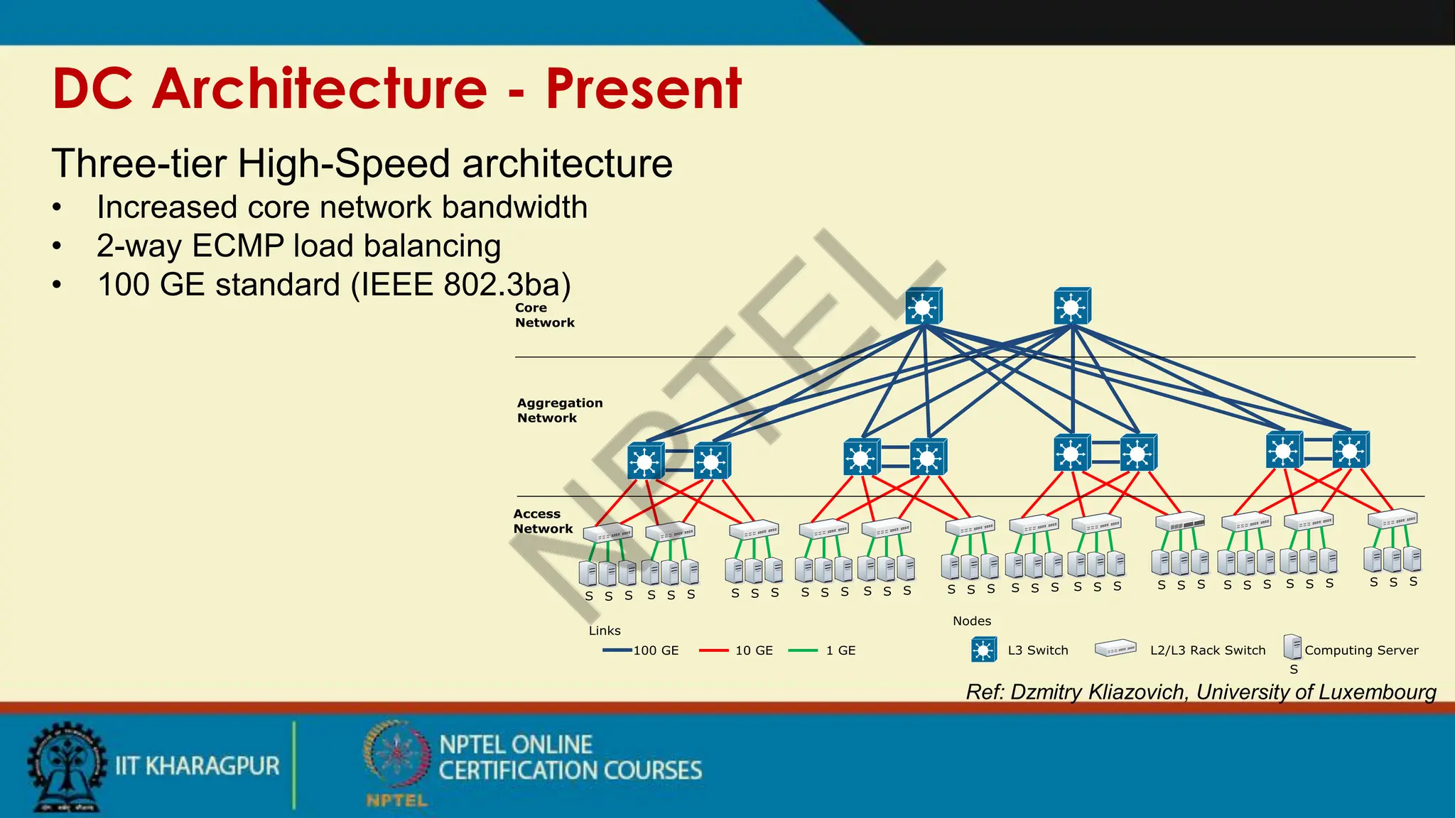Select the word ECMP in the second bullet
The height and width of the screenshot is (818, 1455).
238,246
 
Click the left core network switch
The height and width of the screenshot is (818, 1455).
924,306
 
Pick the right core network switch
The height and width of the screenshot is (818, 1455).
1072,306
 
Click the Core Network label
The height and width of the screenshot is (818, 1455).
544,315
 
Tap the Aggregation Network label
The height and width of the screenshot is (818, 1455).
559,410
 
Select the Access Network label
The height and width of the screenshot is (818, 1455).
543,521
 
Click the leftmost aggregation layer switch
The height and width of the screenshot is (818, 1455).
646,461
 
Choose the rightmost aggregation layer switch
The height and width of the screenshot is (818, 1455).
1351,450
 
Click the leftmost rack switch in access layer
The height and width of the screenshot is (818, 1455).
607,532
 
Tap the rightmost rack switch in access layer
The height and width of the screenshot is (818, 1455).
1392,518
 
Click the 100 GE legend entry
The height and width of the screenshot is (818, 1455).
655,650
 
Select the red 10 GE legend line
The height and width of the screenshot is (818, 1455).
713,650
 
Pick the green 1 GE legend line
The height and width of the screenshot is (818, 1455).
803,650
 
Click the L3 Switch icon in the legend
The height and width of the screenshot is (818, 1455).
984,650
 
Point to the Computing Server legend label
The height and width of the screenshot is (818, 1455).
1361,650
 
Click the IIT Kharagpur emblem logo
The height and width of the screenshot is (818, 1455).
65,765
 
